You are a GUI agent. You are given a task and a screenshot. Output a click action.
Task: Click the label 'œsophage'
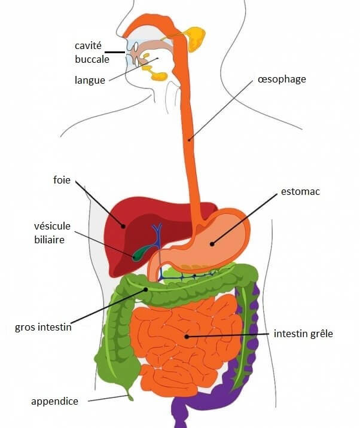click(282, 80)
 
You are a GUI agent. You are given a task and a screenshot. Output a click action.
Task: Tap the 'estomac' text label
click(300, 191)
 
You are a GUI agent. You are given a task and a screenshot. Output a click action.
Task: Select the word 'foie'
click(62, 180)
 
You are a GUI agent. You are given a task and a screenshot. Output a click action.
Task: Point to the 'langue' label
click(90, 80)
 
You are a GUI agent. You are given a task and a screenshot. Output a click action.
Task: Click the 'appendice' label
click(54, 402)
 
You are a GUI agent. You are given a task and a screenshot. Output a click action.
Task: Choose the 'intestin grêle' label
click(303, 334)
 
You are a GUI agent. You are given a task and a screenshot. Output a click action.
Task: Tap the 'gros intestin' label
click(43, 327)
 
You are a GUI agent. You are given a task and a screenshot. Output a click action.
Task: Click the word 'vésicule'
click(52, 226)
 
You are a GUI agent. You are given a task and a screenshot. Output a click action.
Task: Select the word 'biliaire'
click(50, 239)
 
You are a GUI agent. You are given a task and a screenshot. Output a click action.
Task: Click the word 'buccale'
click(92, 59)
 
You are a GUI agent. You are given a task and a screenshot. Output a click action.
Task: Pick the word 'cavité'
click(88, 45)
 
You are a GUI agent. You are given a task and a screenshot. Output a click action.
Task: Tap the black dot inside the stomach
click(212, 244)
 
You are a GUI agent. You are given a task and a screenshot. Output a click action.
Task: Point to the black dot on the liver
click(123, 226)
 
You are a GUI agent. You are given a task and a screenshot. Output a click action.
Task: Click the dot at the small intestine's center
click(187, 337)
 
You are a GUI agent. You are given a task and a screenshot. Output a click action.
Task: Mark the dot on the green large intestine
click(146, 289)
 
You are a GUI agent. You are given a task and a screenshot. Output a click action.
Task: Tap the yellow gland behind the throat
click(195, 39)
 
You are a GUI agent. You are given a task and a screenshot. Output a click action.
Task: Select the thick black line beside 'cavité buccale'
click(115, 52)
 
